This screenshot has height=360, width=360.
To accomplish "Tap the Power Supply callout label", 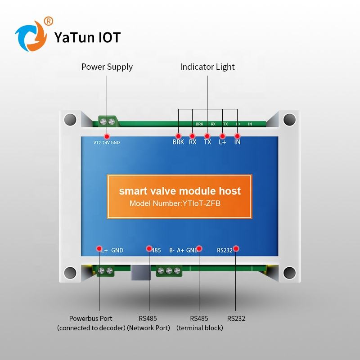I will coord(107,67).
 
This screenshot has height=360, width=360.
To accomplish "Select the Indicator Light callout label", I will coord(207,67).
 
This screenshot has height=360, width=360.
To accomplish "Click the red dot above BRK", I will coord(178,135).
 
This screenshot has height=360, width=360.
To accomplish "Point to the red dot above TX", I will coord(207,135).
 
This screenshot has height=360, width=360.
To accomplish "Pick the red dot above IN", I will coord(237,135).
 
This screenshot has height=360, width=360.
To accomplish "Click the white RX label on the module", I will coord(193,142).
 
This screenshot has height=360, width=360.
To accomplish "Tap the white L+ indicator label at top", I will coord(222,142).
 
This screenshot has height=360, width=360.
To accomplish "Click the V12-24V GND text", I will coord(106,143).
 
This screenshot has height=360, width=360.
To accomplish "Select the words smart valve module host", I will coord(180,191).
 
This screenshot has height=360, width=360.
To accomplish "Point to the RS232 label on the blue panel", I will coord(225,251).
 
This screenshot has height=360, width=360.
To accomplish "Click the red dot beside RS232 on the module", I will coord(236,248).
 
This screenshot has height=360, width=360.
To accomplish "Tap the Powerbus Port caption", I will coord(91,319).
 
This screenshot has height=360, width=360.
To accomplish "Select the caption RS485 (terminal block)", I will coord(199,323).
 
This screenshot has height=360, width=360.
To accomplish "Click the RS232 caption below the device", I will coord(236,319).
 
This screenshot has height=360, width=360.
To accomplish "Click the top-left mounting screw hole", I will coord(69,119).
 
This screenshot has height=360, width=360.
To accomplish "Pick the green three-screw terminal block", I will coord(169,271).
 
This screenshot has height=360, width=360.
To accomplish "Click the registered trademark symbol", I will coord(49,20).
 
